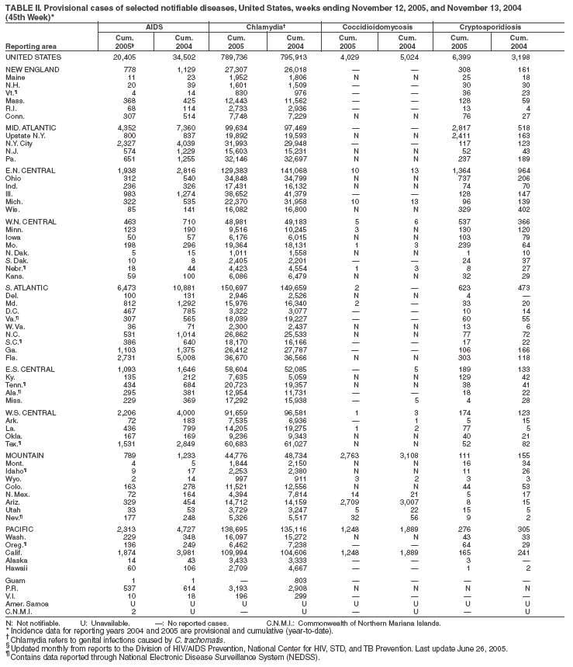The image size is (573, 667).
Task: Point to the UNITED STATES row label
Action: pos(32,57)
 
